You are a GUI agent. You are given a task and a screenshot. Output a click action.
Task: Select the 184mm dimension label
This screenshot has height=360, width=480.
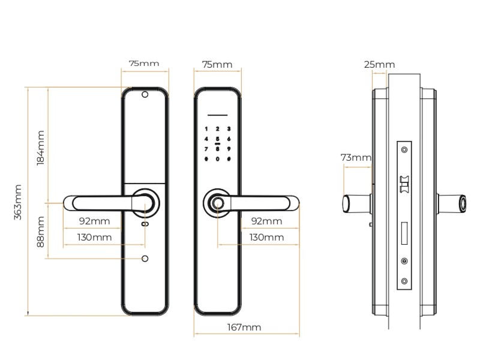point(41,148)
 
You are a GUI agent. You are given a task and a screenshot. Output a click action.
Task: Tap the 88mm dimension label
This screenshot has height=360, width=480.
point(41,232)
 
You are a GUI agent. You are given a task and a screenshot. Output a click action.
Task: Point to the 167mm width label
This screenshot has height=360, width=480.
point(245,327)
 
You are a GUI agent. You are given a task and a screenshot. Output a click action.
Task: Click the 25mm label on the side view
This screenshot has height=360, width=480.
point(379,64)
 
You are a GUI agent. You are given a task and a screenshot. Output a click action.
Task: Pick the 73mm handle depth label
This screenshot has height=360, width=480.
point(356,157)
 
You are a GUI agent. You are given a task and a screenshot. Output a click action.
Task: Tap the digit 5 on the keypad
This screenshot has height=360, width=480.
point(218,139)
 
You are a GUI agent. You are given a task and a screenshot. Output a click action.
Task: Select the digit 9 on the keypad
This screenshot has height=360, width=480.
point(229,149)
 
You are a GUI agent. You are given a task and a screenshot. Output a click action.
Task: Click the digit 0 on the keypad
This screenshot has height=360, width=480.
point(218,159)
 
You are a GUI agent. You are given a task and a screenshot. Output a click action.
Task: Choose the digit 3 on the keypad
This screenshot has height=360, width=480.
point(229,129)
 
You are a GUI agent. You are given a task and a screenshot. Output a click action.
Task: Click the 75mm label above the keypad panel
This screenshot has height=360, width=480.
point(217,64)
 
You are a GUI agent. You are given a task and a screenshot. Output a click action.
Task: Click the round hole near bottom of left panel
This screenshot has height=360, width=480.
point(145,259)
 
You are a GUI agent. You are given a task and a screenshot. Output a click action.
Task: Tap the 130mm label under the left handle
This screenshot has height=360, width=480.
point(94,237)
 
